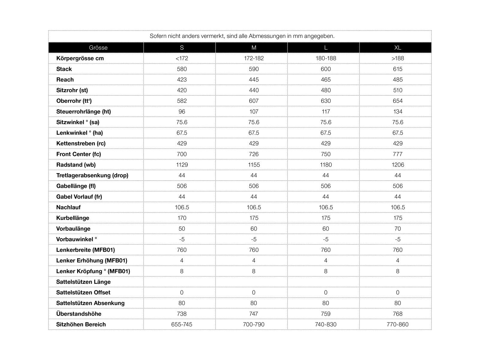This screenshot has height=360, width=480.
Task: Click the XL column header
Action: [397, 48]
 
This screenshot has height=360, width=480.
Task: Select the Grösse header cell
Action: [98, 48]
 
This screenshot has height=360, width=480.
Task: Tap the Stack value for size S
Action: [182, 69]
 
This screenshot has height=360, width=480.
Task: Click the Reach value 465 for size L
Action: [326, 79]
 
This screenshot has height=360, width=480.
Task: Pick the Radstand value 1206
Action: [397, 165]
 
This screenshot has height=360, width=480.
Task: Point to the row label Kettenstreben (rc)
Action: [81, 143]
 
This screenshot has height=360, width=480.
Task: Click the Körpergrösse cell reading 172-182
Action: [254, 58]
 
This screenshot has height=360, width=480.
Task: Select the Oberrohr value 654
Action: [397, 101]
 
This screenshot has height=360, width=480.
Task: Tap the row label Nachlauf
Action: [68, 207]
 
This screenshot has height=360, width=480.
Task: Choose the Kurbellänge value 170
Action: [182, 218]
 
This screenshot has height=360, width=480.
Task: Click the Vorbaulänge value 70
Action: [397, 229]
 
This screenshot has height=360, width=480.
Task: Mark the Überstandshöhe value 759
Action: [326, 314]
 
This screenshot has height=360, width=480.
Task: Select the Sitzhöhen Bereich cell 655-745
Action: [182, 324]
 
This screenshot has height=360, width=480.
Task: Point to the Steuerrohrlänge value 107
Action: [254, 112]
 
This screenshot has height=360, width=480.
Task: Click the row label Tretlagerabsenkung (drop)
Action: [92, 175]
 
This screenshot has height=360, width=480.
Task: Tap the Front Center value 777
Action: [397, 154]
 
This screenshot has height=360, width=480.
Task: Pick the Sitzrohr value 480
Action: [326, 90]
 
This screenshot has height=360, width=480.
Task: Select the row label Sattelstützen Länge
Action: [83, 282]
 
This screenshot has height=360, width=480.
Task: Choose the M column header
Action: [254, 48]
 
